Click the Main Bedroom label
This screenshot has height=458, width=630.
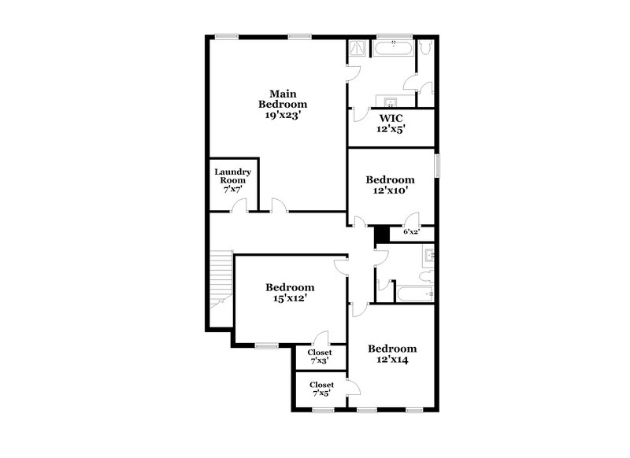(x=283, y=98)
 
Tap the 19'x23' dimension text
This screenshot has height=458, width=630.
(x=283, y=115)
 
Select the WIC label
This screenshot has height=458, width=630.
(x=391, y=118)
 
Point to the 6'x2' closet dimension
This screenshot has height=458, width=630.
(x=411, y=232)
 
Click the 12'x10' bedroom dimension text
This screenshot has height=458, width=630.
(x=390, y=190)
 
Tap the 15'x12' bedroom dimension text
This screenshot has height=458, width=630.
(x=290, y=298)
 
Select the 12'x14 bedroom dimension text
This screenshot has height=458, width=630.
(x=392, y=360)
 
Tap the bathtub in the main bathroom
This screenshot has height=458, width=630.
(x=393, y=48)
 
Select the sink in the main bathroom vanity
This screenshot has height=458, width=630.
(x=390, y=102)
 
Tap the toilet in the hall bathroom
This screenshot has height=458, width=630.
(x=426, y=276)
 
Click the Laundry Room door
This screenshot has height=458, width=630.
(x=239, y=206)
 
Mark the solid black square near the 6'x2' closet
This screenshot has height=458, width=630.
(x=382, y=234)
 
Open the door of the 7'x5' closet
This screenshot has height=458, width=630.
(x=352, y=388)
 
